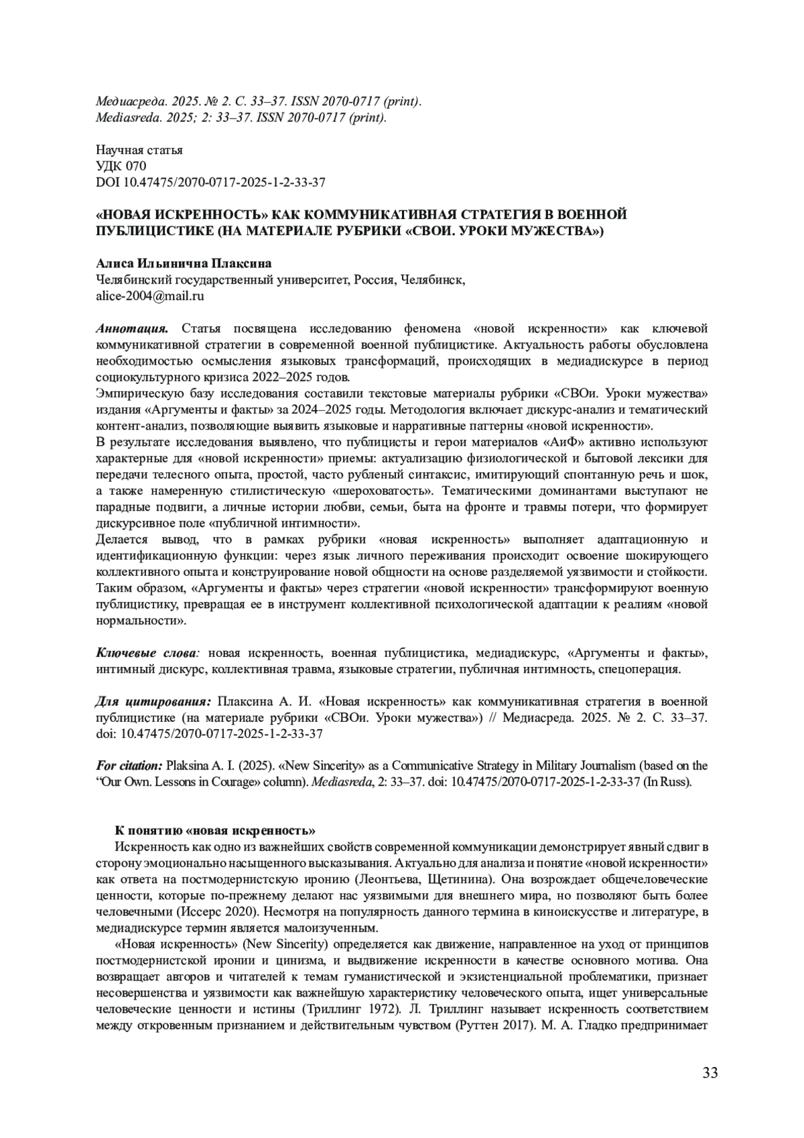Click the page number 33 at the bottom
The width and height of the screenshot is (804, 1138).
[710, 1073]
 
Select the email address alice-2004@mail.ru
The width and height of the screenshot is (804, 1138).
[150, 296]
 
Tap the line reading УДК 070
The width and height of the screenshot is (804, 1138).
[121, 166]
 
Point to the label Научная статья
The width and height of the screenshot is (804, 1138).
[139, 150]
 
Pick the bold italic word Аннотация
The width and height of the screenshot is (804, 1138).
[131, 328]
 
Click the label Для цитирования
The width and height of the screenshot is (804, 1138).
[153, 701]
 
